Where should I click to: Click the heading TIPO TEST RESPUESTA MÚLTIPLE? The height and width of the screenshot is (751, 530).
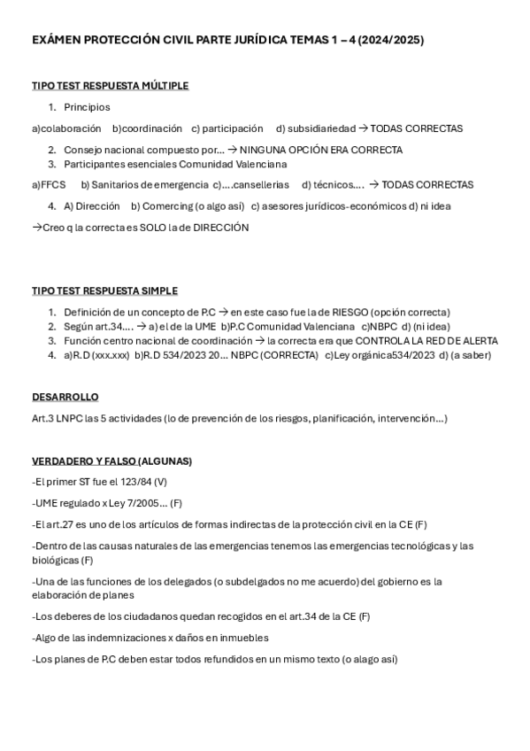click(x=110, y=86)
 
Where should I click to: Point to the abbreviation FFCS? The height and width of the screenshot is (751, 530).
click(x=52, y=185)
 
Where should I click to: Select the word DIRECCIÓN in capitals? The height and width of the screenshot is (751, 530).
click(x=217, y=228)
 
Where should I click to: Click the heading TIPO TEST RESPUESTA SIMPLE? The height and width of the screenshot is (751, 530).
click(x=104, y=291)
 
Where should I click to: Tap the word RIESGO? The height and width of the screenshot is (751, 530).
click(x=349, y=313)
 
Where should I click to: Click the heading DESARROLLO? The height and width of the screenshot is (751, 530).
click(x=65, y=398)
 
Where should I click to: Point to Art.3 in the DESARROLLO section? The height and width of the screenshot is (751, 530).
click(x=43, y=419)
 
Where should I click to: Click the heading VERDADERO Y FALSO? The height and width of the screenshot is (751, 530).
click(x=85, y=461)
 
